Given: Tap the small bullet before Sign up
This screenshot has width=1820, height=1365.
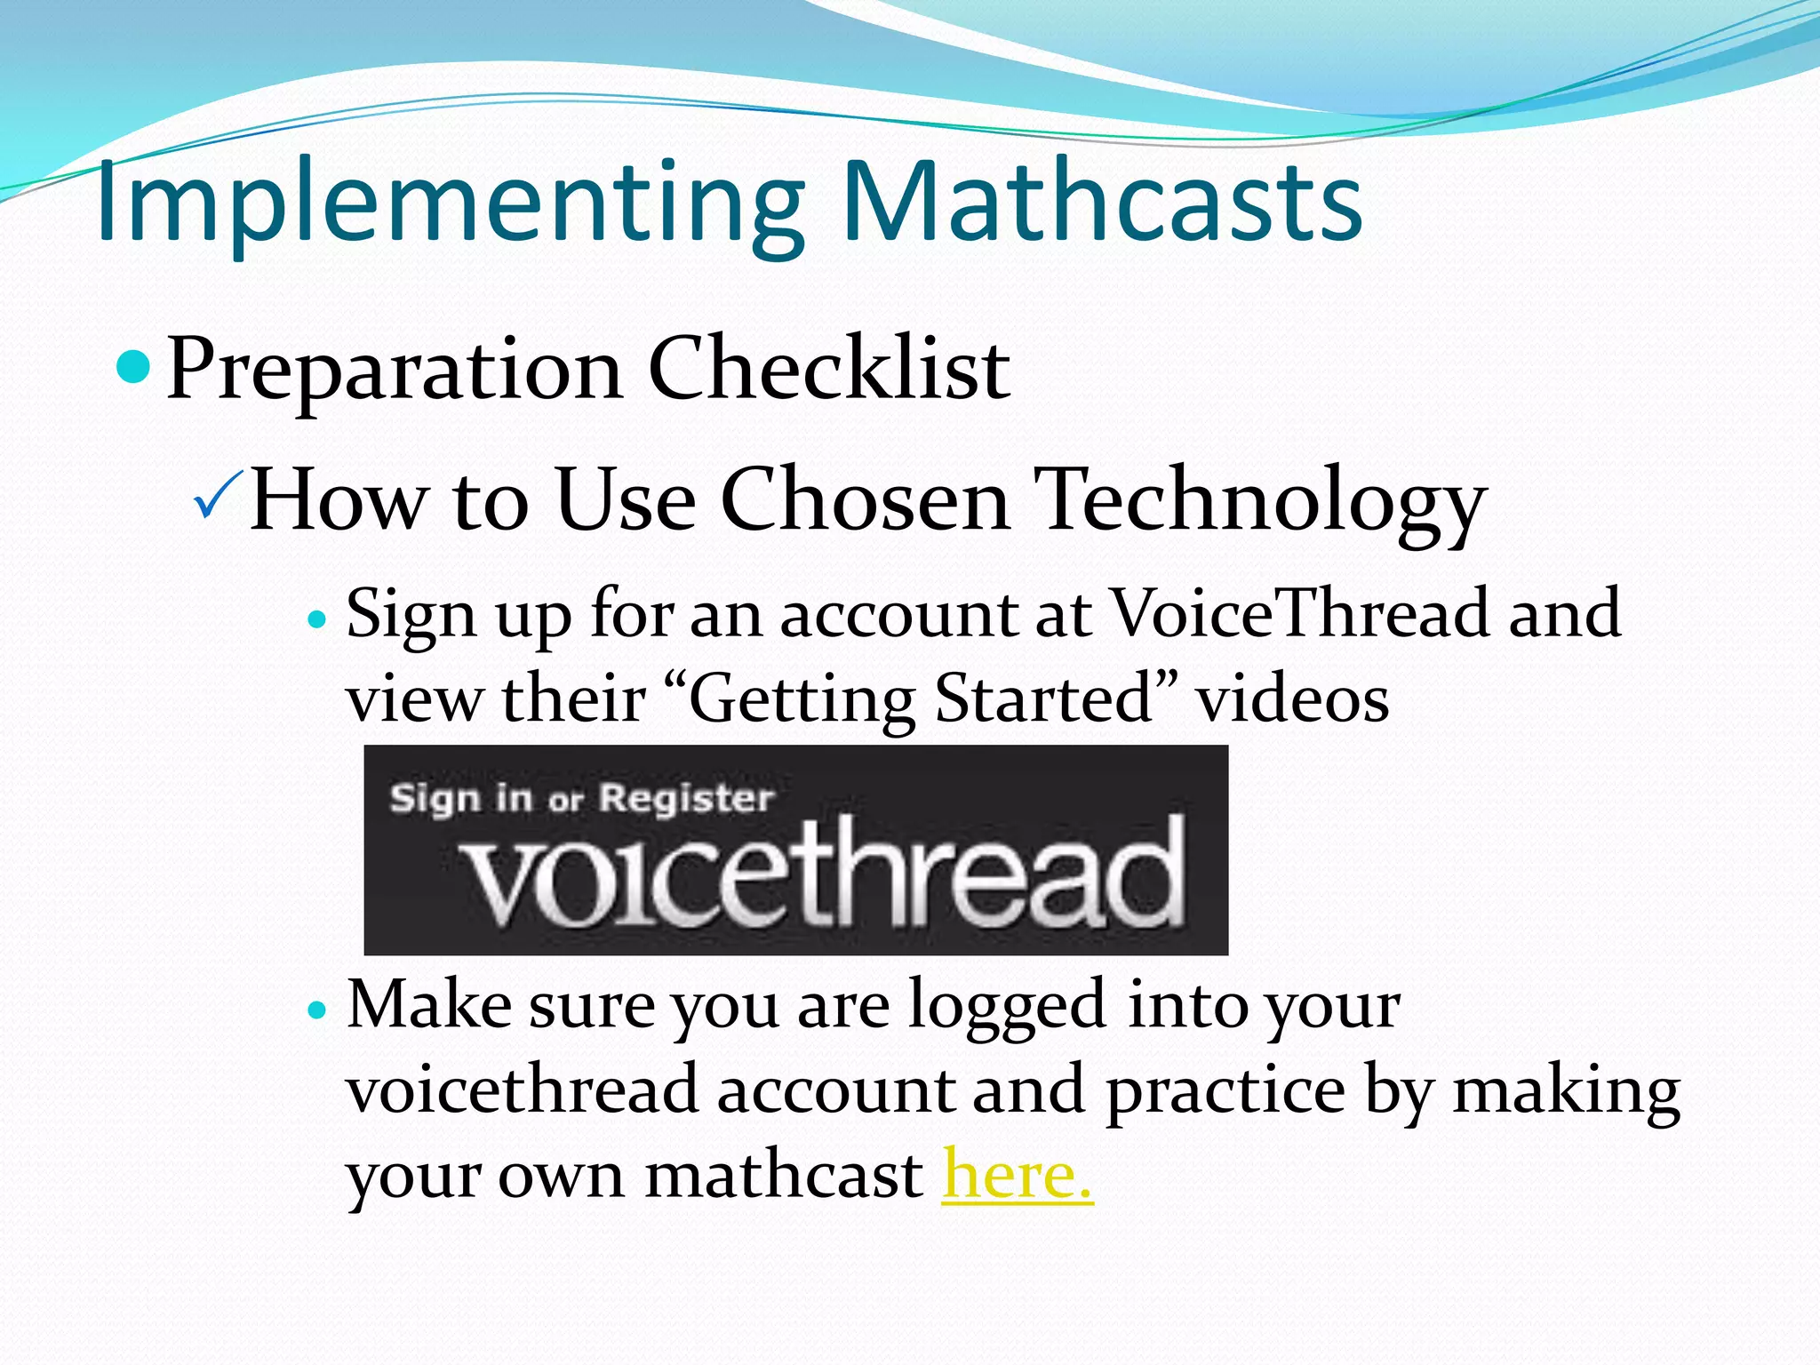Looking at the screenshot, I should click(x=317, y=619).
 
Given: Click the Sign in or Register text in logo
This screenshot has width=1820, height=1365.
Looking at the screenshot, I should click(x=582, y=798).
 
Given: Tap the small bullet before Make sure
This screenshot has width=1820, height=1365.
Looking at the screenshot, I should click(x=317, y=1010).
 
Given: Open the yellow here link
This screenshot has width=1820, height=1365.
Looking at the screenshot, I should click(x=1017, y=1175).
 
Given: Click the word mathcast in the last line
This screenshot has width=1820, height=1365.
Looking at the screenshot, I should click(x=783, y=1175).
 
